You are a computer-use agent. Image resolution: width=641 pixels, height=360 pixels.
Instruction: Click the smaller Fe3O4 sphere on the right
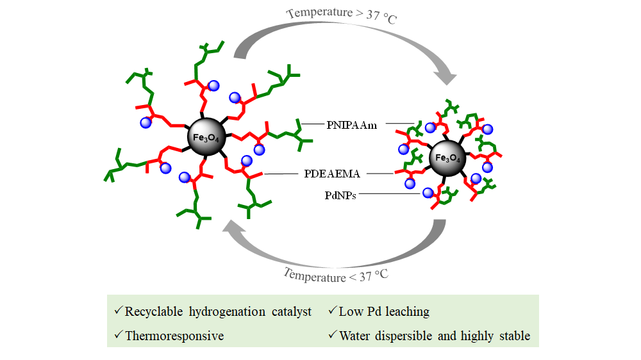(447, 158)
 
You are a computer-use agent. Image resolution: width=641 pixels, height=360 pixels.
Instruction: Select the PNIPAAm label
(348, 123)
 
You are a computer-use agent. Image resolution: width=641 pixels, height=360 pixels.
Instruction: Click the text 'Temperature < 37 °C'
(336, 275)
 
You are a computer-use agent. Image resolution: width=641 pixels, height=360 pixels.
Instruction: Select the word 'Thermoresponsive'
(175, 335)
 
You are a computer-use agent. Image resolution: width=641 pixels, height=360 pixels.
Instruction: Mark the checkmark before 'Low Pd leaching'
(332, 311)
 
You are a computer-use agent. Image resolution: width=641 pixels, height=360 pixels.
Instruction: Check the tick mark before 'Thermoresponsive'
(118, 334)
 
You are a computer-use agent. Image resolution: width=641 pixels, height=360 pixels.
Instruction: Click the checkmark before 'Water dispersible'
(332, 334)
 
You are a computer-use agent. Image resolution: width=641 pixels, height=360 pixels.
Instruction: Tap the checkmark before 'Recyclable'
(118, 311)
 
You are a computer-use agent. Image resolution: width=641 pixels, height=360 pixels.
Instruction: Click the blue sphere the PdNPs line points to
(428, 193)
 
